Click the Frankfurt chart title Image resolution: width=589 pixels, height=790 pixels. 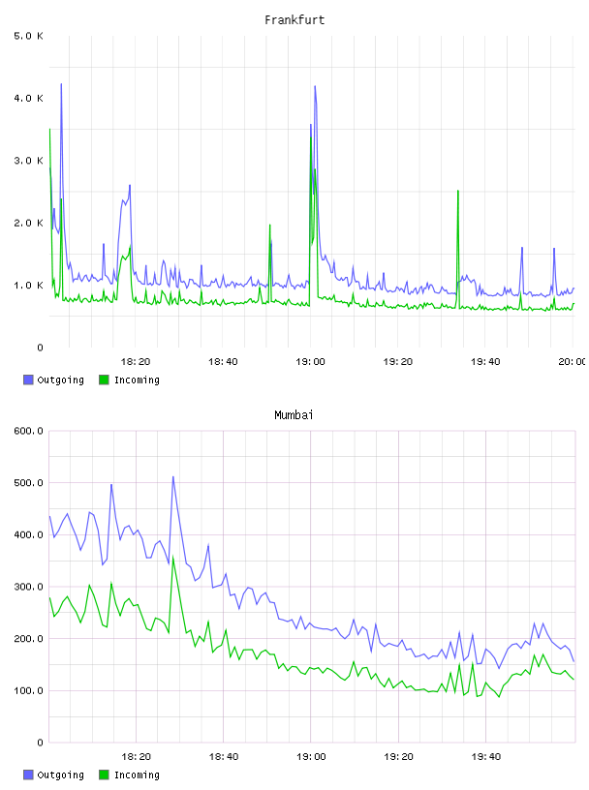294,19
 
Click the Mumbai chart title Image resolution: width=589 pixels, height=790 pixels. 294,414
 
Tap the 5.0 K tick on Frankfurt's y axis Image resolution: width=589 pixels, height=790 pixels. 29,36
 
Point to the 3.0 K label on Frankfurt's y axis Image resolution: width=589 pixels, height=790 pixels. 29,160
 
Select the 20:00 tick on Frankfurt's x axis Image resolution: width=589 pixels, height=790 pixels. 573,361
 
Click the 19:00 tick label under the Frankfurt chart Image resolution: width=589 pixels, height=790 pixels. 310,361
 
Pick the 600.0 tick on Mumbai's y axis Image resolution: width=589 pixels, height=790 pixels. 29,431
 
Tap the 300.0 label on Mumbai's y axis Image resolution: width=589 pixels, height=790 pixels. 29,587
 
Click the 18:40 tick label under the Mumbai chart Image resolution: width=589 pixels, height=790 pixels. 224,756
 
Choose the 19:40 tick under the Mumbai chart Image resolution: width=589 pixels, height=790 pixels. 485,756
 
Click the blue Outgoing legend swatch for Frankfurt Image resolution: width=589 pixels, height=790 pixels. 28,380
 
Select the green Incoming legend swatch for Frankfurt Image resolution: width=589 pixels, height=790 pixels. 104,380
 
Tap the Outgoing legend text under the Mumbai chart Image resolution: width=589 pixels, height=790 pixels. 60,775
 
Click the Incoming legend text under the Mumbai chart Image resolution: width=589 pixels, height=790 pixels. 137,775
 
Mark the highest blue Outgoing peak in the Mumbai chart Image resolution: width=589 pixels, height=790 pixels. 173,476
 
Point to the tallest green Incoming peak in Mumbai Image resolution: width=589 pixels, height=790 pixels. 173,557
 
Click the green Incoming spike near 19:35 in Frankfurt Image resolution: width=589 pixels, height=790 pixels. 458,191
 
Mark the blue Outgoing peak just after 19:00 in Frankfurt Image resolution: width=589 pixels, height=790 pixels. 315,86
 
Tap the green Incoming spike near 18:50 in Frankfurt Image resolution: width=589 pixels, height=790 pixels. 269,225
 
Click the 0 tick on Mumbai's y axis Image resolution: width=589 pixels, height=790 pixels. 40,743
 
